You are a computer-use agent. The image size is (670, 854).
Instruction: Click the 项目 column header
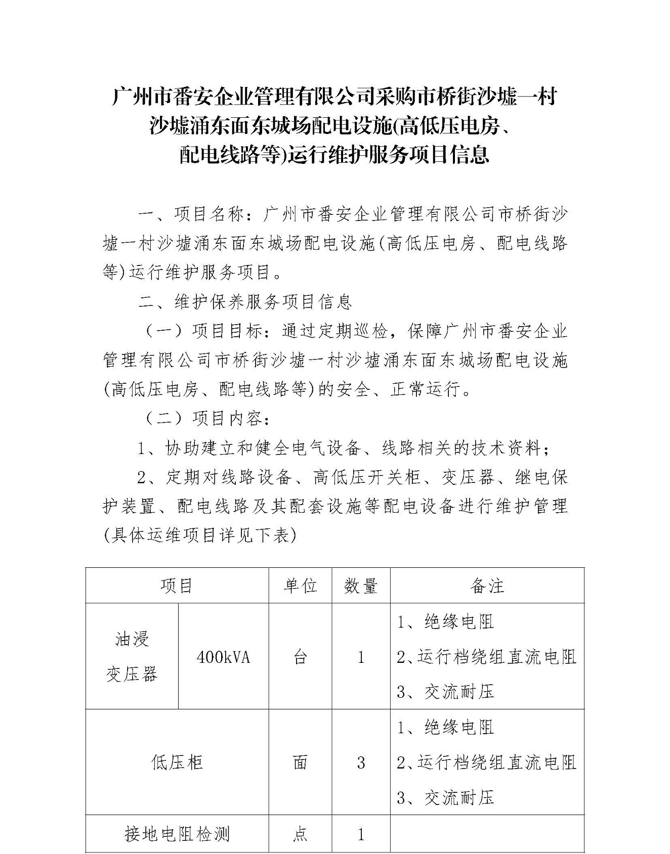(177, 586)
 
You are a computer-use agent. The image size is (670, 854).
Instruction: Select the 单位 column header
(300, 586)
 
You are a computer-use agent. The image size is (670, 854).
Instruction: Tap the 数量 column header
(361, 586)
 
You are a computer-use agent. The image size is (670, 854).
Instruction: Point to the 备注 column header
(487, 586)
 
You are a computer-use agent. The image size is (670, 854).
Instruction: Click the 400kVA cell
(223, 657)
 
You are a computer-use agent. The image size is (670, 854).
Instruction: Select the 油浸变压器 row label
(132, 657)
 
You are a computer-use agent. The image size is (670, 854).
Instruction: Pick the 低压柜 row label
(177, 762)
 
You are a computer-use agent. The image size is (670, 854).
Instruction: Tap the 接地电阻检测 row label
(177, 834)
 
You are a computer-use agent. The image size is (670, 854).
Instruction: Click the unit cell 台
(300, 657)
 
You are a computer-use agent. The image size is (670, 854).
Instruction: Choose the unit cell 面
(300, 762)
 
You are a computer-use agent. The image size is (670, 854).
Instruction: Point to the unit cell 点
(300, 834)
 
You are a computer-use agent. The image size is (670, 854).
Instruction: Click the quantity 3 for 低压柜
(361, 762)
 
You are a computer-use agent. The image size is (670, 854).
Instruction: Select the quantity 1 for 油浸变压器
(361, 657)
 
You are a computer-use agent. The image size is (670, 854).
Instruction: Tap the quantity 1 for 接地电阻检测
(361, 834)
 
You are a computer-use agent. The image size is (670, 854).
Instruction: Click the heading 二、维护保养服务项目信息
(245, 302)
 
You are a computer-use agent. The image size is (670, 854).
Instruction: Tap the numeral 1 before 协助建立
(143, 448)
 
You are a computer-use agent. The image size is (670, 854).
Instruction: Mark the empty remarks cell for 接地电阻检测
(487, 834)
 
